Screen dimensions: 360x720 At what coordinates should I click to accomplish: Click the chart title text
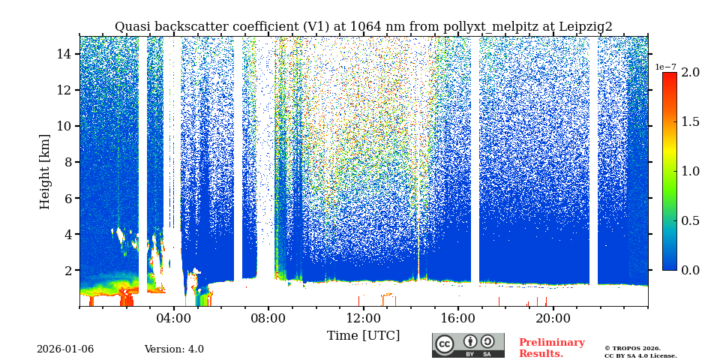pos(363,27)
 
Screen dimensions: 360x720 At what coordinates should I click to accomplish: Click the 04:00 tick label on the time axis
pos(173,317)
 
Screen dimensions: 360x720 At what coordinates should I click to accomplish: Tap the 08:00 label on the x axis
pos(268,317)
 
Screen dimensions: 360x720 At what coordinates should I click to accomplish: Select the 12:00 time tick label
pos(363,317)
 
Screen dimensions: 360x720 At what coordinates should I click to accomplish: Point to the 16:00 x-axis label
pos(457,317)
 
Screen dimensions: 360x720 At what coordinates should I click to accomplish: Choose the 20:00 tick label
pos(553,317)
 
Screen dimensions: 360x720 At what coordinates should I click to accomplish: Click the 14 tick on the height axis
pos(64,54)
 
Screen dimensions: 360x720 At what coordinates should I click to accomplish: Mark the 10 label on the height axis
pos(64,126)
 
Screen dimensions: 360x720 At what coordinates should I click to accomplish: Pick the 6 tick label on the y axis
pos(67,198)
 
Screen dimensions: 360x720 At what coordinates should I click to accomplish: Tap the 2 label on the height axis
pos(67,270)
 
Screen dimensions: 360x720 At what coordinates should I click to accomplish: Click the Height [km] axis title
pos(45,171)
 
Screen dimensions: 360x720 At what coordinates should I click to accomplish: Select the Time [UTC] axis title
pos(363,335)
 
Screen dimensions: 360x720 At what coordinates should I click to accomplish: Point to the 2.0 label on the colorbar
pos(690,73)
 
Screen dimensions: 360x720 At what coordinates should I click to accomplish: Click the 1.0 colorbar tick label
pos(690,171)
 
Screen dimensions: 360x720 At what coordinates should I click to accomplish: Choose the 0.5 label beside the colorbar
pos(690,220)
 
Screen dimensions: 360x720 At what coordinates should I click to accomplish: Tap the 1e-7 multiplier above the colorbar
pos(665,67)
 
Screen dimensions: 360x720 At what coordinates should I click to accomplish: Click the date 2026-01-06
pos(65,349)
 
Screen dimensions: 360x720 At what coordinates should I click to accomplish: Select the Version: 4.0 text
pos(174,349)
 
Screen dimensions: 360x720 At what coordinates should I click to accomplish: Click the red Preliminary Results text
pos(551,348)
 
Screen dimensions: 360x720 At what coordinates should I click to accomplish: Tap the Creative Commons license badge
pos(468,345)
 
